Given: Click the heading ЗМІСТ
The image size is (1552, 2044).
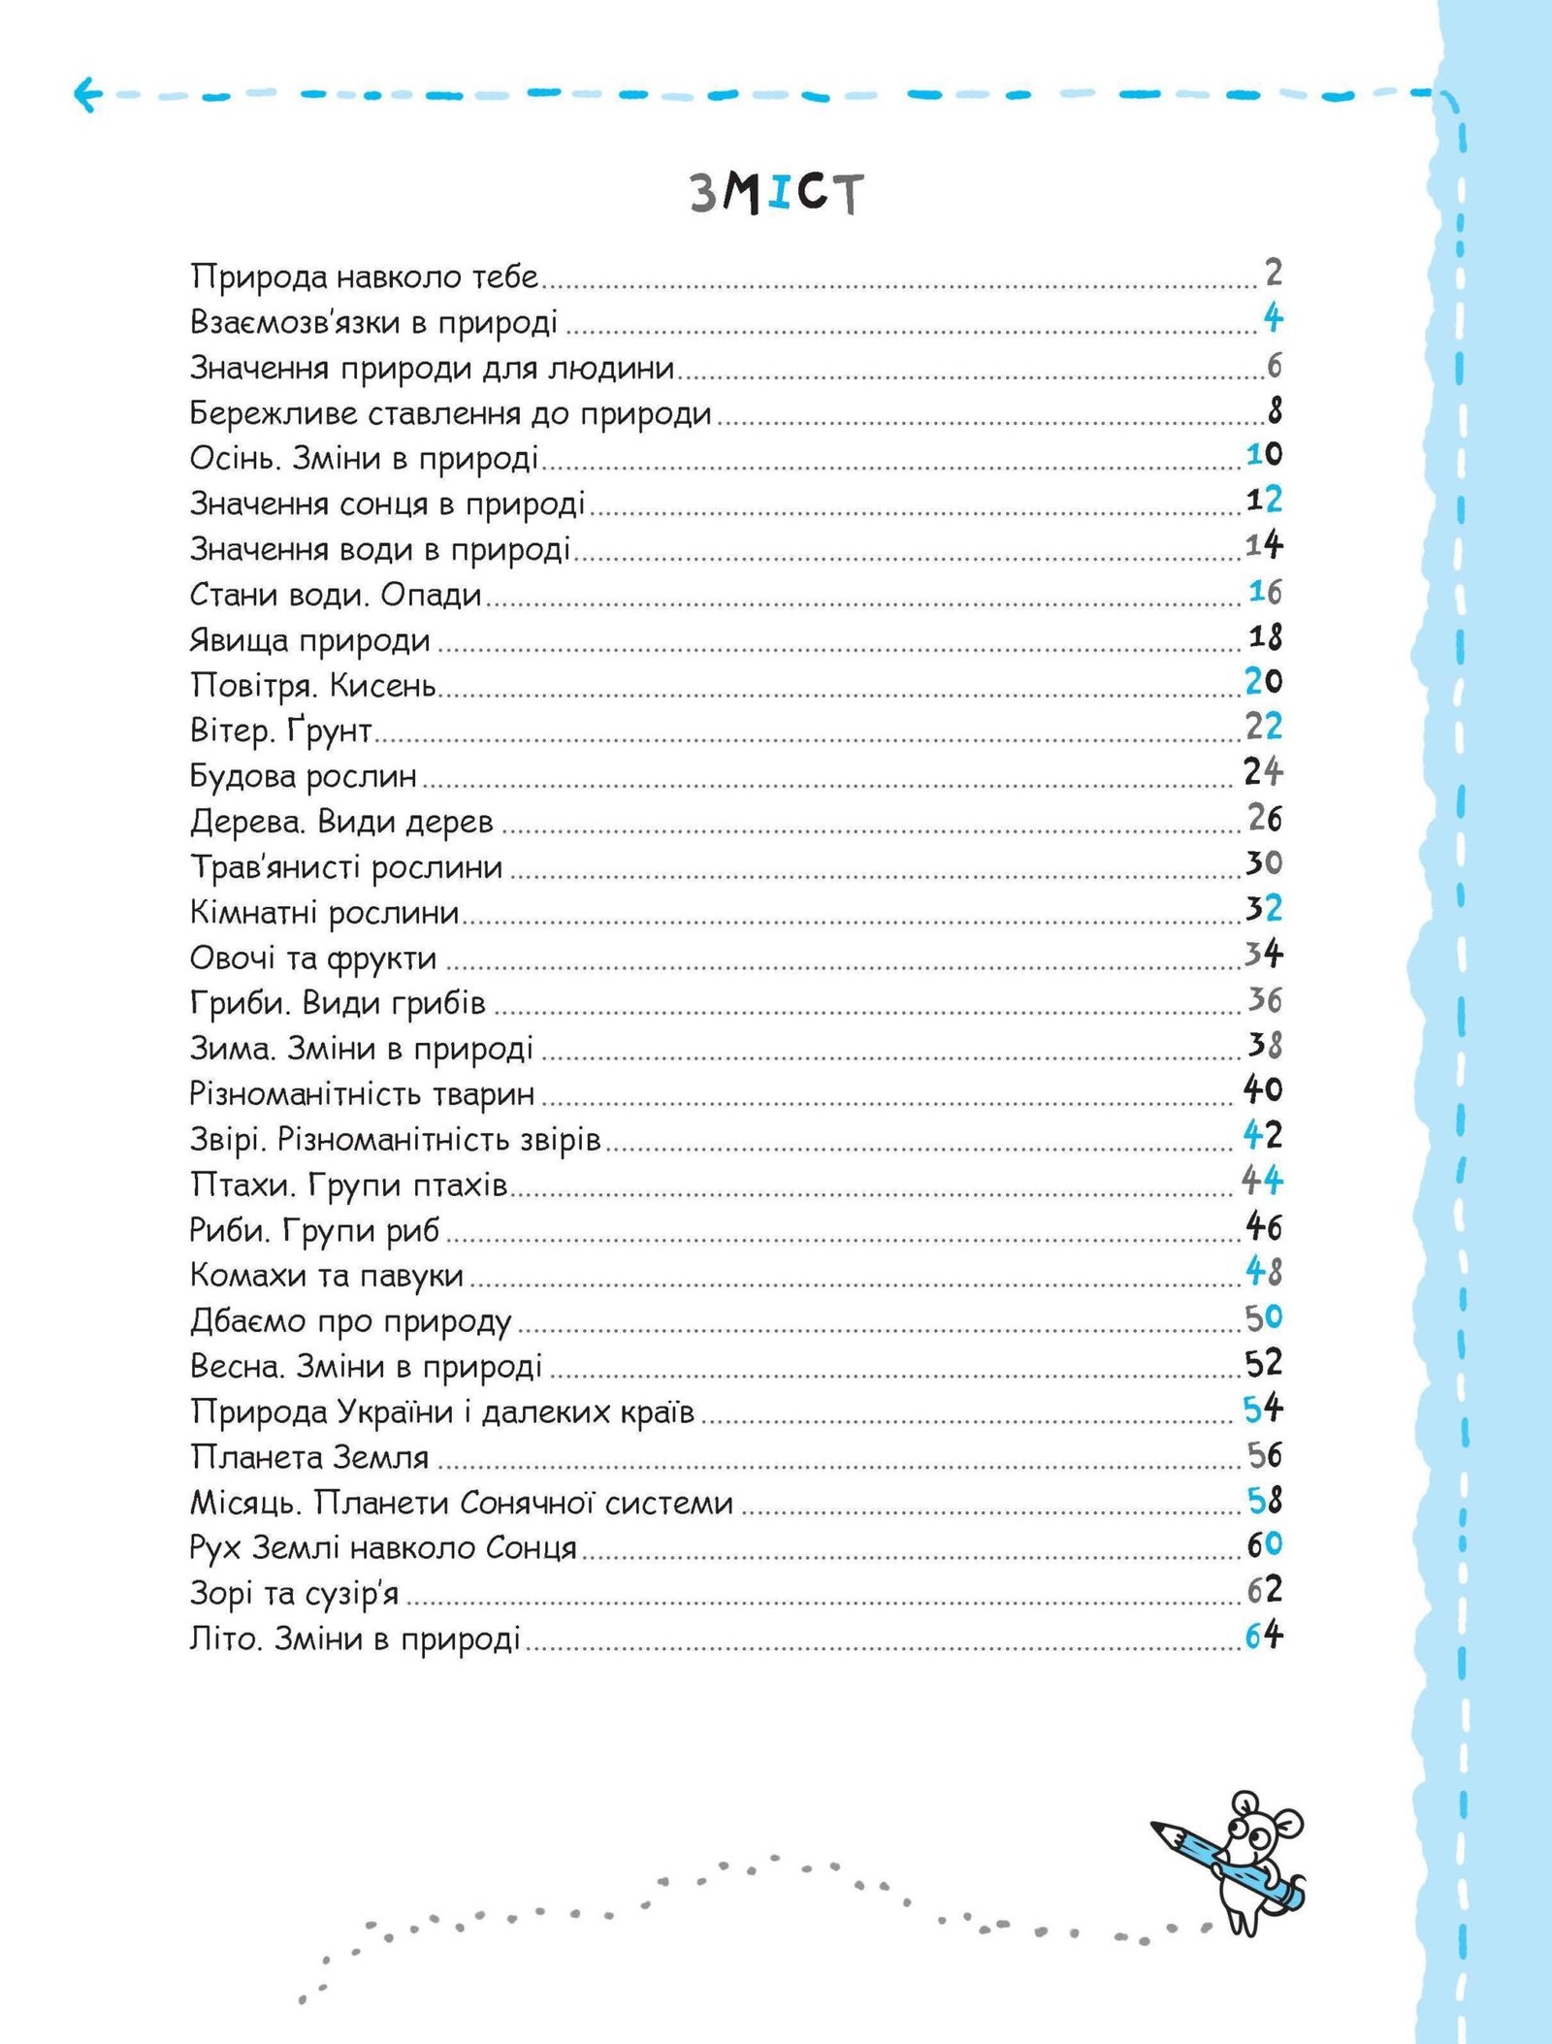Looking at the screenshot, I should click(776, 194).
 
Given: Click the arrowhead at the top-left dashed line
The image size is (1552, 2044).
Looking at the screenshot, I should click(85, 95).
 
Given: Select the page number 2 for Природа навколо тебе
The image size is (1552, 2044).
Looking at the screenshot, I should click(1274, 274).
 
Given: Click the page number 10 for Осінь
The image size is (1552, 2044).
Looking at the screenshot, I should click(1264, 454).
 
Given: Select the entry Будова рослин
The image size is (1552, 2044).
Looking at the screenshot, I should click(304, 776).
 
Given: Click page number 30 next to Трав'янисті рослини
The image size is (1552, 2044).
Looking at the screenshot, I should click(1264, 862).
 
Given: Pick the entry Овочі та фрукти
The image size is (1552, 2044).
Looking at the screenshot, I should click(313, 958).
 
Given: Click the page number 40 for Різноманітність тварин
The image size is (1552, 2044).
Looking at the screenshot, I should click(1263, 1089).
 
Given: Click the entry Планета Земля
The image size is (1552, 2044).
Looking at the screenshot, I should click(309, 1457).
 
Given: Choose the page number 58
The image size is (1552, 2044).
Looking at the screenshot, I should click(1265, 1501).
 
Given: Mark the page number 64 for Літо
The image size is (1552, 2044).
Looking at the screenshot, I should click(1264, 1637).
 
